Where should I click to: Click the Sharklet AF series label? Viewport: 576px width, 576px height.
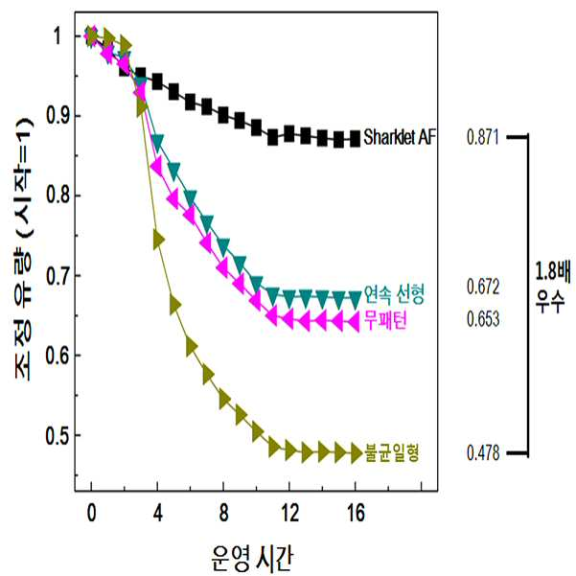coord(400,137)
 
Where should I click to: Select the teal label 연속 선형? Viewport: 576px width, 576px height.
coord(394,294)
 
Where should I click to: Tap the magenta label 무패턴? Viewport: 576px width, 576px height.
coord(385,320)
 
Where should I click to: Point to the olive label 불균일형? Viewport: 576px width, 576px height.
coord(392,452)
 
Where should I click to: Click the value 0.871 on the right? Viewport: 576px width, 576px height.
coord(483,137)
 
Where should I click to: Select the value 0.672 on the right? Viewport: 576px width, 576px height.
coord(483,287)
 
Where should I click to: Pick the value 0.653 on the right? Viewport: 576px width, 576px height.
coord(483,318)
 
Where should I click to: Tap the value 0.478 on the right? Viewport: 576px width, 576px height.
coord(483,452)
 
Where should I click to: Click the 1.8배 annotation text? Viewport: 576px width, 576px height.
coord(552,272)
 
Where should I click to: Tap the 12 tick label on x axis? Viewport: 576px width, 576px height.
coord(289,512)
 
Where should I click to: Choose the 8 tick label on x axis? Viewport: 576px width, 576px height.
coord(223,512)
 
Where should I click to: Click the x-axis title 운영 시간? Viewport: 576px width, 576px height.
coord(253,559)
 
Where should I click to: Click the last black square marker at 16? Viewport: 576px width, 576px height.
coord(355,139)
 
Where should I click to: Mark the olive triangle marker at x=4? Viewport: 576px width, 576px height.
coord(158,240)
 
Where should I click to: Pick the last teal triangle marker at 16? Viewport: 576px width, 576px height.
coord(355,300)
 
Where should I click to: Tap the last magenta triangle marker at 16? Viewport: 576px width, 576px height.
coord(353,322)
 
